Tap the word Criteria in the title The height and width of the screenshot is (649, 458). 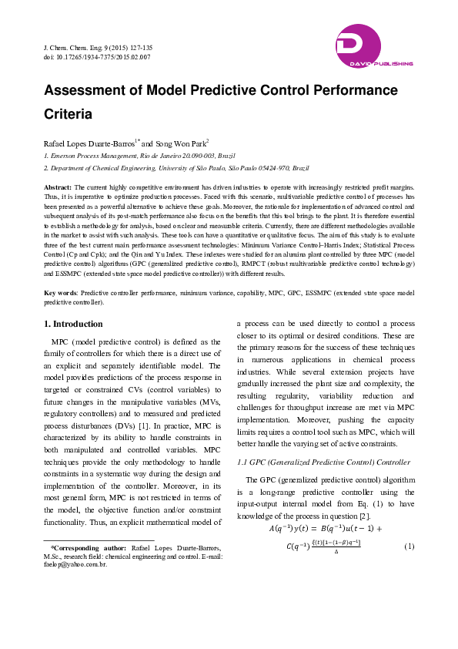tap(68, 114)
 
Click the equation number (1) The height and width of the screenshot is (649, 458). tap(409, 546)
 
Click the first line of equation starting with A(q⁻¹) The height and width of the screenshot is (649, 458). tap(325, 528)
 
